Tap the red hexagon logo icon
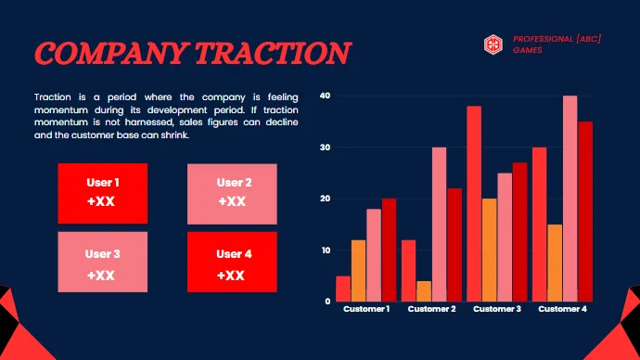click(x=493, y=44)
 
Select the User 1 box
click(x=102, y=192)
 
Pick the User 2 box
click(x=232, y=192)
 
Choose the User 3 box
click(x=102, y=264)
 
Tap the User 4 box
click(x=232, y=264)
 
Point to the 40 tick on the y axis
click(x=324, y=96)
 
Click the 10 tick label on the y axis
click(x=324, y=251)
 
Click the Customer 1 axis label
click(x=366, y=309)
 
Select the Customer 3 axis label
click(x=497, y=309)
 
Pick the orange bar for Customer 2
click(x=424, y=291)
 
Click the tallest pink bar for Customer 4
click(x=570, y=199)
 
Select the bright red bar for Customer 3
click(x=474, y=204)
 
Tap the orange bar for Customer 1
click(x=358, y=271)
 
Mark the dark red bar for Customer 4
click(x=585, y=212)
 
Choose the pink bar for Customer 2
click(x=439, y=225)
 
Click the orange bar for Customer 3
click(x=489, y=251)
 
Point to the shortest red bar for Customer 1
click(x=343, y=289)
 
